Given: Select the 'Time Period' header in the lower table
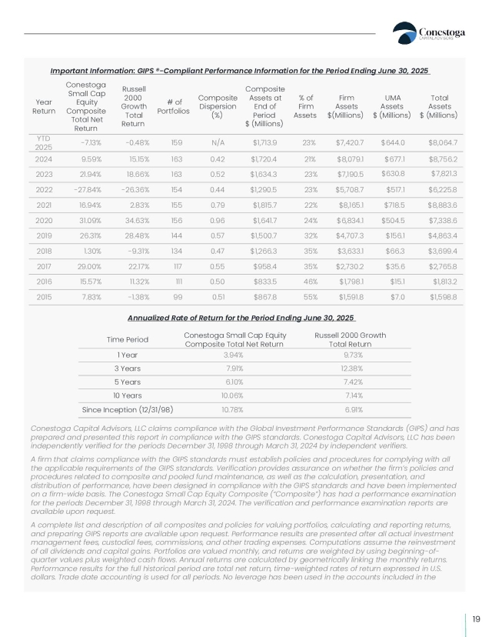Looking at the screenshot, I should coord(127,339).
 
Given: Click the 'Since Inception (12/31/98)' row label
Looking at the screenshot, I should coord(128,409).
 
